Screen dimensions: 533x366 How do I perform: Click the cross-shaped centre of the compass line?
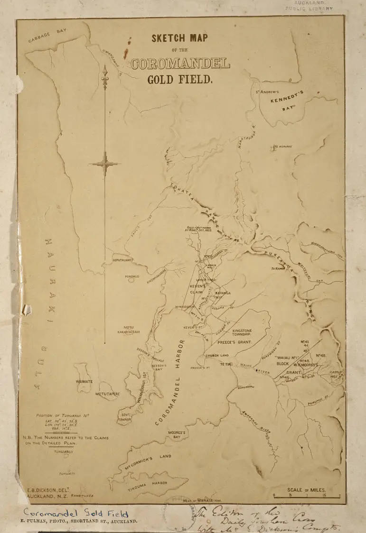105,164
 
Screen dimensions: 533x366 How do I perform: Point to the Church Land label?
217,355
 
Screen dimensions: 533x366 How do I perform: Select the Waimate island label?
84,381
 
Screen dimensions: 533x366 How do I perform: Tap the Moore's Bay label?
177,434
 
